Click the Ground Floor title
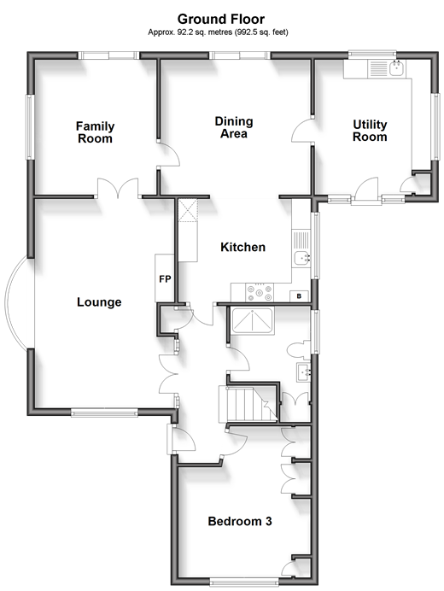click(x=221, y=19)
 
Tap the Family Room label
click(x=95, y=132)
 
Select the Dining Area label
click(x=234, y=127)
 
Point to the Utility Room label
click(x=370, y=131)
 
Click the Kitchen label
click(x=242, y=248)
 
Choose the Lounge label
click(x=99, y=302)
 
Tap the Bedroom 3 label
click(x=240, y=521)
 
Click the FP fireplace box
click(x=165, y=278)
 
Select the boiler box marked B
click(x=299, y=296)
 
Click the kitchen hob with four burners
click(x=260, y=292)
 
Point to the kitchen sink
click(x=301, y=259)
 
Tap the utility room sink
click(x=397, y=68)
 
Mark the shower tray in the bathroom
click(x=253, y=321)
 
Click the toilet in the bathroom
click(x=299, y=350)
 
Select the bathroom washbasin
click(x=303, y=372)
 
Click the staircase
click(x=248, y=404)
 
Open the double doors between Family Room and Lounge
click(x=118, y=188)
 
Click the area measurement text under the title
click(x=218, y=32)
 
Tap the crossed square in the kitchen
click(x=188, y=210)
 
